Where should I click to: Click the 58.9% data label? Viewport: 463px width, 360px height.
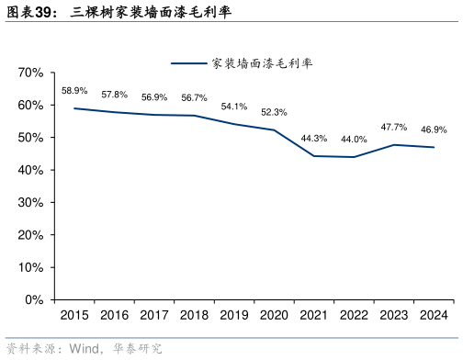tap(74, 91)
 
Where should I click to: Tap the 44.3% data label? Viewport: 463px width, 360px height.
tap(314, 139)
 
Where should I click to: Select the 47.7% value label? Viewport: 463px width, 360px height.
tap(394, 128)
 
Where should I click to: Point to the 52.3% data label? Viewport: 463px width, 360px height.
tap(274, 113)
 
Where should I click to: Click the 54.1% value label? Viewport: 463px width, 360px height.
tap(234, 107)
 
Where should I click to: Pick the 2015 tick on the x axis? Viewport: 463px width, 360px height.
tap(74, 316)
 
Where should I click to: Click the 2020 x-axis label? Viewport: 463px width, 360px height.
tap(274, 316)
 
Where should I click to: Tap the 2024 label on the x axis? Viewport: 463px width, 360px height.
tap(434, 316)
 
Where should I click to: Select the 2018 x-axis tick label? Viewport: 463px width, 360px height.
tap(194, 316)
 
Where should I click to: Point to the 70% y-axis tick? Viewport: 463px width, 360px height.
tap(31, 73)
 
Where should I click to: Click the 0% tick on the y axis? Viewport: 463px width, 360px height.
tap(35, 300)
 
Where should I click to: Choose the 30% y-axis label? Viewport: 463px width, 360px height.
tap(31, 203)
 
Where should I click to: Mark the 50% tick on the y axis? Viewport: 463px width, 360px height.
tap(31, 138)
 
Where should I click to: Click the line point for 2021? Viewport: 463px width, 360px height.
tap(314, 156)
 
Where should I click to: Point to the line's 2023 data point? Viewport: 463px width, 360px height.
tap(394, 145)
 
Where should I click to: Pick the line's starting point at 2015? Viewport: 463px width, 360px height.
tap(74, 108)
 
